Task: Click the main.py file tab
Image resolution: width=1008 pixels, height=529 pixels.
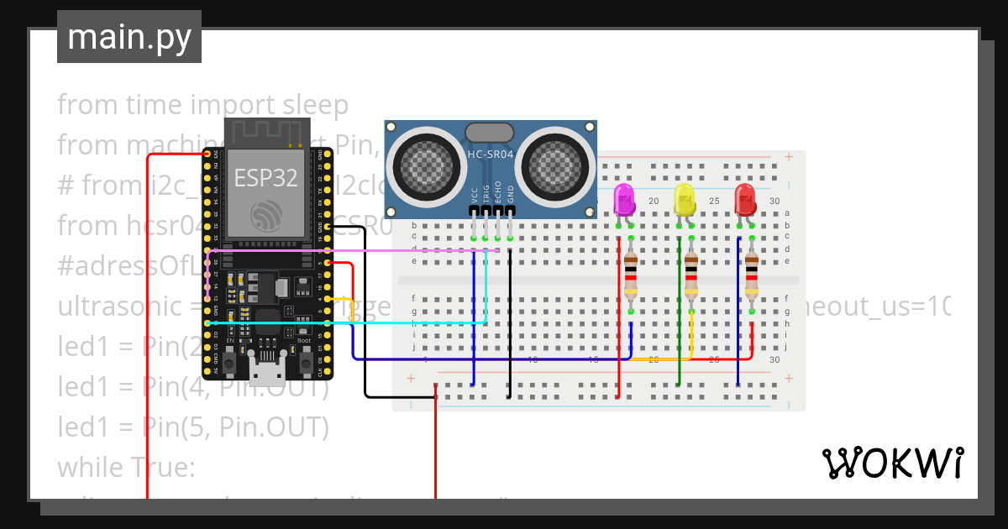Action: (x=129, y=37)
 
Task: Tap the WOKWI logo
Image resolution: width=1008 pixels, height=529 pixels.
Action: (x=891, y=463)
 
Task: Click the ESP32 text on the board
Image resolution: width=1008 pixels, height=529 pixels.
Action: (x=265, y=178)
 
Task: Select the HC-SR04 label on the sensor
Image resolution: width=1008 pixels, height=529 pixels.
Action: (x=490, y=155)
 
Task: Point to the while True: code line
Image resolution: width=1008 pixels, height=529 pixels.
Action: (x=126, y=467)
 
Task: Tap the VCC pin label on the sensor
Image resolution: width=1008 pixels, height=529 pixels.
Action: (x=475, y=196)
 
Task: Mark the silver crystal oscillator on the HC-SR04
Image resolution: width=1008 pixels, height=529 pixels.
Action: (x=489, y=132)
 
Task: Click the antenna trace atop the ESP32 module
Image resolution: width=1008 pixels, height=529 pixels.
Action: (x=265, y=132)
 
